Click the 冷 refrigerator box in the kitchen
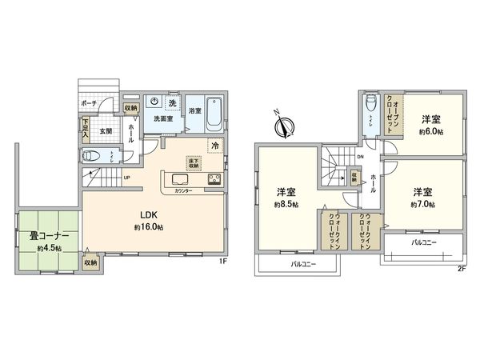coord(214,145)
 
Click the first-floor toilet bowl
coord(95,156)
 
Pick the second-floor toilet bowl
coord(370,105)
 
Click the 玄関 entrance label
coord(105,130)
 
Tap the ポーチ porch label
coord(89,104)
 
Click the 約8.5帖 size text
coord(284,205)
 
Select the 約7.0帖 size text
coord(424,204)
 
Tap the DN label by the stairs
coord(361,157)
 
